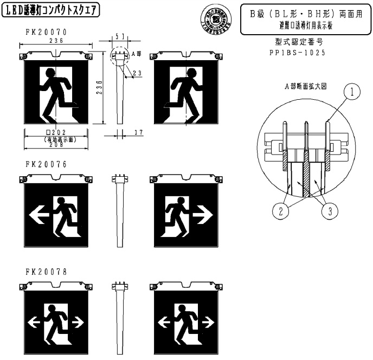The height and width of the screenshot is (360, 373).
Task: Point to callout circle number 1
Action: pos(353,93)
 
